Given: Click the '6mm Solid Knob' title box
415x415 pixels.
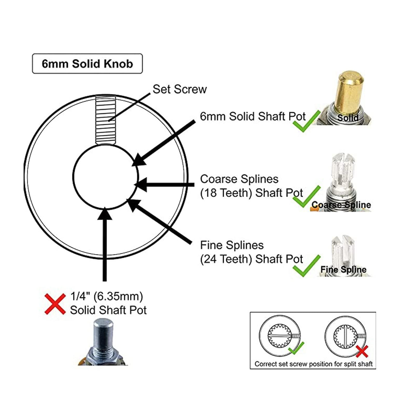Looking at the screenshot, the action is [87, 64].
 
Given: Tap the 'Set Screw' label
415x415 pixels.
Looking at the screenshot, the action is [179, 89].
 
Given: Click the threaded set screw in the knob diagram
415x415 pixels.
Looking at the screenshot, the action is [105, 120].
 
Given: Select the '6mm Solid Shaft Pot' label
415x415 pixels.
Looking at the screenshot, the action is [252, 117].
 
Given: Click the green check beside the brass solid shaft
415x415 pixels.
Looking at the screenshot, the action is [307, 121].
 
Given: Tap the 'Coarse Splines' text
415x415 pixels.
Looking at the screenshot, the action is [239, 179].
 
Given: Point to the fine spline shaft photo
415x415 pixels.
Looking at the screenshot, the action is [343, 256].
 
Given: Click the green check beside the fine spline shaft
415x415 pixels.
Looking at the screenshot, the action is [307, 266].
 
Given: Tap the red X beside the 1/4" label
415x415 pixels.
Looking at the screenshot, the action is [55, 304].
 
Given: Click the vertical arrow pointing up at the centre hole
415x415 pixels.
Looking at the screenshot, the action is [105, 244].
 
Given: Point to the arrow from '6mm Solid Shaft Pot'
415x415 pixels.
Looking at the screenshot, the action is [164, 143].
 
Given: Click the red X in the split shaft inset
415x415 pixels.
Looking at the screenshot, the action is [362, 351].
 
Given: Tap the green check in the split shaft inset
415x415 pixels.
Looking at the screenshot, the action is [296, 348].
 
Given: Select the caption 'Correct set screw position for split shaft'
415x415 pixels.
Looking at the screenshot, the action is [313, 364].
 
